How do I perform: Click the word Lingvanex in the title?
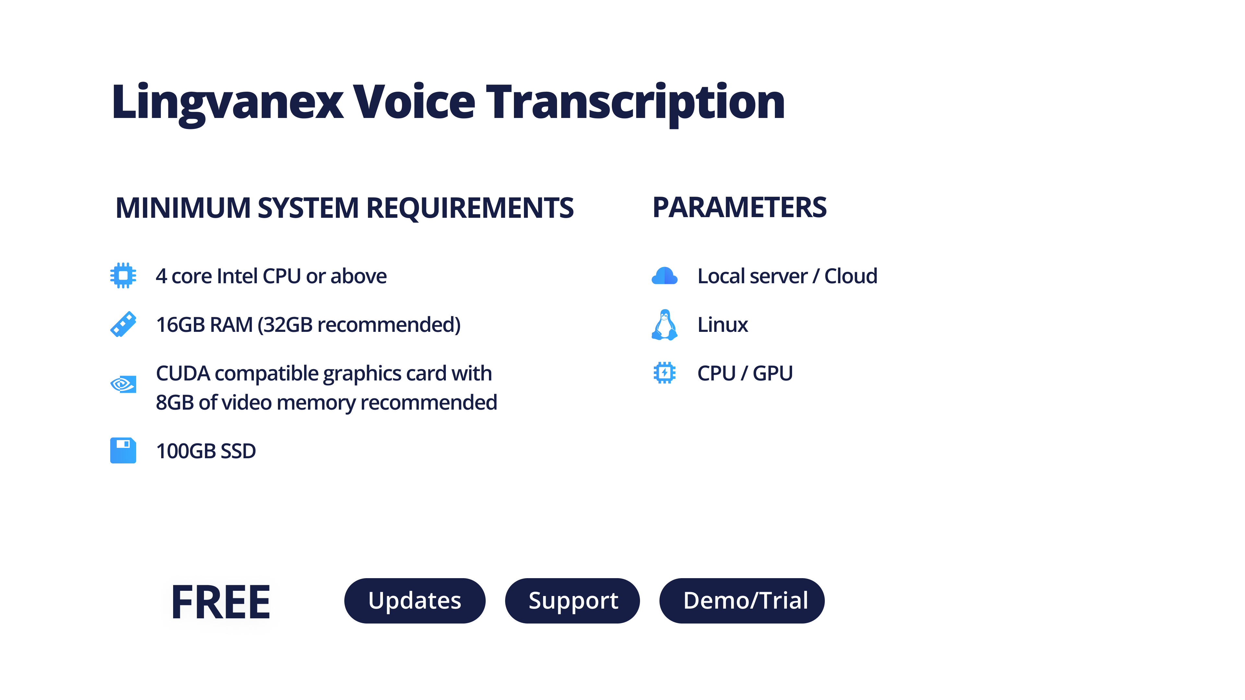tap(228, 103)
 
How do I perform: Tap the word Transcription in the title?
tap(635, 103)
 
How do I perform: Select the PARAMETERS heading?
tap(740, 207)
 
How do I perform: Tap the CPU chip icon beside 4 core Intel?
tap(123, 275)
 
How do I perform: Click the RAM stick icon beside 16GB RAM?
tap(123, 324)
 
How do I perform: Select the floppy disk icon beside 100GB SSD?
tap(123, 450)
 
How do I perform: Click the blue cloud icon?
tap(665, 276)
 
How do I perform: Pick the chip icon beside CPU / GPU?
tap(665, 373)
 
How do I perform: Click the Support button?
tap(573, 601)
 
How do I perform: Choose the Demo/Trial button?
tap(742, 601)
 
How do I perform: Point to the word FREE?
tap(221, 602)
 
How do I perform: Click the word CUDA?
tap(183, 373)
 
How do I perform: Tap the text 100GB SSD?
tap(206, 451)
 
